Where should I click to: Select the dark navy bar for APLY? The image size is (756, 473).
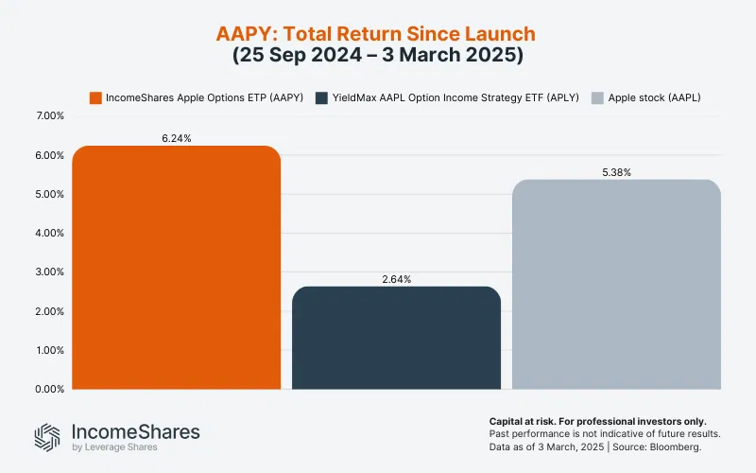click(396, 338)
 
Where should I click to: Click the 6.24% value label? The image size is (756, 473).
click(177, 138)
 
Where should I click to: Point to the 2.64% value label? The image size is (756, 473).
click(396, 279)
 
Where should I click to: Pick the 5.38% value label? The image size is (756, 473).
click(616, 172)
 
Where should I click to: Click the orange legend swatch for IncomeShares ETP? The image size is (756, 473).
click(95, 96)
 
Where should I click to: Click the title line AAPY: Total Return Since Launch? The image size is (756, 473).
click(378, 34)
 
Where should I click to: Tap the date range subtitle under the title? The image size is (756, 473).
click(378, 55)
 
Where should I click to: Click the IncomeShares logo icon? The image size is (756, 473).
click(47, 436)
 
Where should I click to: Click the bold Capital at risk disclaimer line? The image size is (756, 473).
click(597, 420)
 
